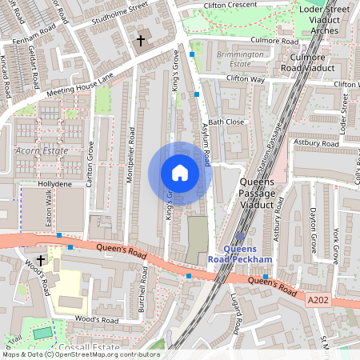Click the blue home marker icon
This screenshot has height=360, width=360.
click(x=180, y=173)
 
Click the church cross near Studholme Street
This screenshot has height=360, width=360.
click(x=141, y=39)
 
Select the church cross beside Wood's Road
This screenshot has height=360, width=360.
click(x=41, y=261)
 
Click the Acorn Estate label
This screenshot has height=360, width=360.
click(x=38, y=151)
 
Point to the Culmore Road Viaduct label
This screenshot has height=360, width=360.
click(x=308, y=62)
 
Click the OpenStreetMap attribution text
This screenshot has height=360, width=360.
click(x=80, y=354)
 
